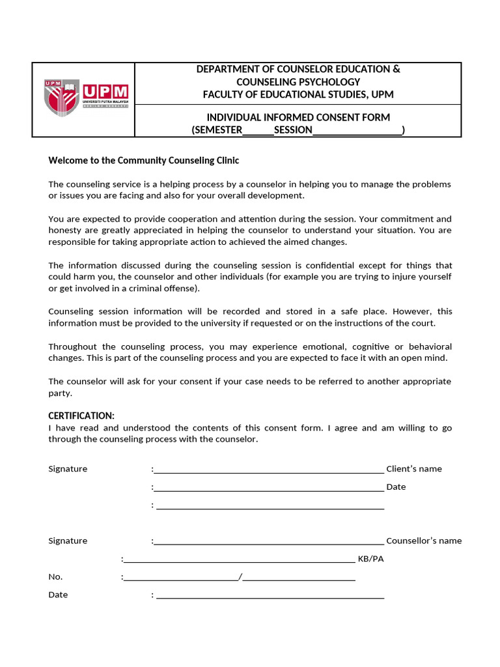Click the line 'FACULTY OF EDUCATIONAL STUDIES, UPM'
pyautogui.click(x=298, y=94)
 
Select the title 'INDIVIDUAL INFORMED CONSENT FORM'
pyautogui.click(x=298, y=117)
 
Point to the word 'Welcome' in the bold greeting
pyautogui.click(x=67, y=160)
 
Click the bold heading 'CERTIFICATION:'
pyautogui.click(x=81, y=416)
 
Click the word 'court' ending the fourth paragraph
pyautogui.click(x=423, y=323)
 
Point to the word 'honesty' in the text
pyautogui.click(x=64, y=230)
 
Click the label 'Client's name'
pyautogui.click(x=414, y=469)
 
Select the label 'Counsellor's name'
pyautogui.click(x=424, y=541)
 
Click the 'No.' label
pyautogui.click(x=56, y=576)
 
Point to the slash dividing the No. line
pyautogui.click(x=240, y=576)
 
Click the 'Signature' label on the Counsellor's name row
pyautogui.click(x=68, y=541)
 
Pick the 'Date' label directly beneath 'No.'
pyautogui.click(x=58, y=595)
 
